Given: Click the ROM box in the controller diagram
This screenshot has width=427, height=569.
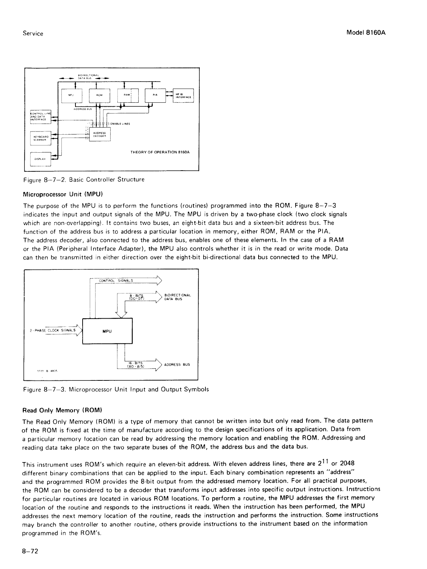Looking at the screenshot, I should click(x=99, y=95).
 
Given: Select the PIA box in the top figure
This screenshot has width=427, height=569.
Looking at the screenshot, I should click(x=154, y=95).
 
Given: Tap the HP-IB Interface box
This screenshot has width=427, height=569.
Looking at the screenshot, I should click(x=183, y=95).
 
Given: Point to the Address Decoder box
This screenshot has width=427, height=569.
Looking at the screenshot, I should click(x=99, y=135).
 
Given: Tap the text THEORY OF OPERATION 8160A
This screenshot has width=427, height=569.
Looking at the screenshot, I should click(x=160, y=152).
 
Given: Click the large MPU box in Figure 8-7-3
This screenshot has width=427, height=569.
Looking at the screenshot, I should click(x=107, y=331).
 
